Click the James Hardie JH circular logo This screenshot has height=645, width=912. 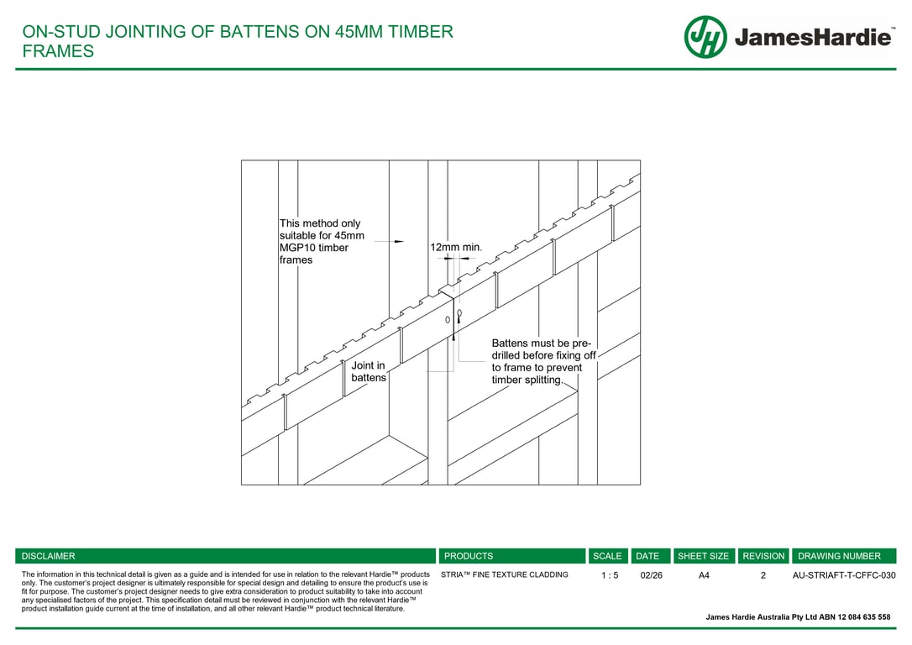[705, 37]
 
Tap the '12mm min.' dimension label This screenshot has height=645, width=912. [456, 248]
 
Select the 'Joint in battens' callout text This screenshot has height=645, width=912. [369, 371]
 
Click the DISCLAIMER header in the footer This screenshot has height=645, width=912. [49, 556]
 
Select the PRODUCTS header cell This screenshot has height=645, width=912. [469, 556]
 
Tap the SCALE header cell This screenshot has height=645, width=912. [607, 556]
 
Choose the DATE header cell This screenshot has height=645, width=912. [647, 556]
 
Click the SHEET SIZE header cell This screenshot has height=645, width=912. [704, 556]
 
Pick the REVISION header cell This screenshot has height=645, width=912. [763, 556]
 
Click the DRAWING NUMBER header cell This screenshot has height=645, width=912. [839, 556]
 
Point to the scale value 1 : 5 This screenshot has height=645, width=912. [610, 576]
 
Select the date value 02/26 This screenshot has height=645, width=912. [651, 576]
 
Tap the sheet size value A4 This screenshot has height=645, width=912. [704, 576]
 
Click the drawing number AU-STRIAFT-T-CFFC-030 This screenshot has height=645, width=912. [844, 576]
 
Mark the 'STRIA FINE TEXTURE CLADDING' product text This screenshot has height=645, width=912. [504, 575]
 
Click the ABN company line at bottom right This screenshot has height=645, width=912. [798, 617]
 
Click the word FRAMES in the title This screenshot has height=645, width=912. [58, 51]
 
